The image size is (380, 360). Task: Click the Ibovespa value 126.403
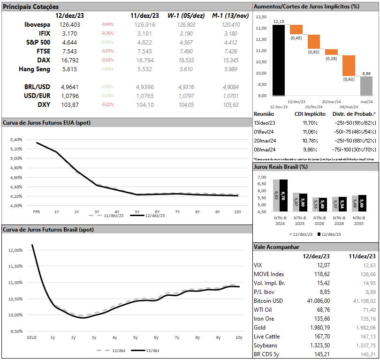pyautogui.click(x=70, y=24)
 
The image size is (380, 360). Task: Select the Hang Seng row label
pyautogui.click(x=34, y=69)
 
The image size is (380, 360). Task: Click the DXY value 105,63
pyautogui.click(x=228, y=105)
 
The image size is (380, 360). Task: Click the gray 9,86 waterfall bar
pyautogui.click(x=366, y=86)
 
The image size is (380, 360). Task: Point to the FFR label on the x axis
pyautogui.click(x=36, y=212)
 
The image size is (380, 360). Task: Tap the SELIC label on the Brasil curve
pyautogui.click(x=32, y=337)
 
